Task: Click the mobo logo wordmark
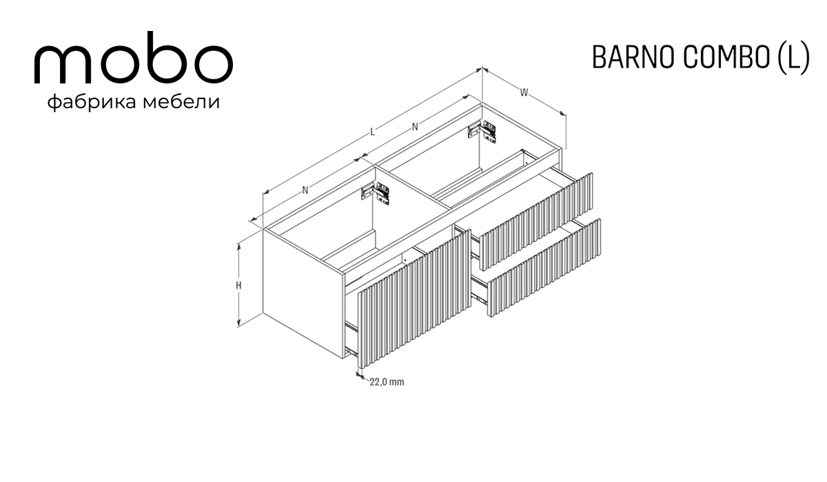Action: (134, 58)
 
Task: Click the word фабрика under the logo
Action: (92, 102)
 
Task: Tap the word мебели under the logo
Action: (181, 101)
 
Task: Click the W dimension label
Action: (524, 92)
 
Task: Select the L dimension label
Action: (372, 132)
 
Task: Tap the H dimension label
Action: (239, 286)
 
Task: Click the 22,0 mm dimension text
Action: (387, 382)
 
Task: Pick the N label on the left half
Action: (305, 190)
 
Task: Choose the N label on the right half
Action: (415, 127)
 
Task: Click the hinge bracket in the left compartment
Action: (376, 193)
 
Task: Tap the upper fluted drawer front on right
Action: (535, 221)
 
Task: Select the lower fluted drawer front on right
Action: (544, 268)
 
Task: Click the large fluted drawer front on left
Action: (414, 298)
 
